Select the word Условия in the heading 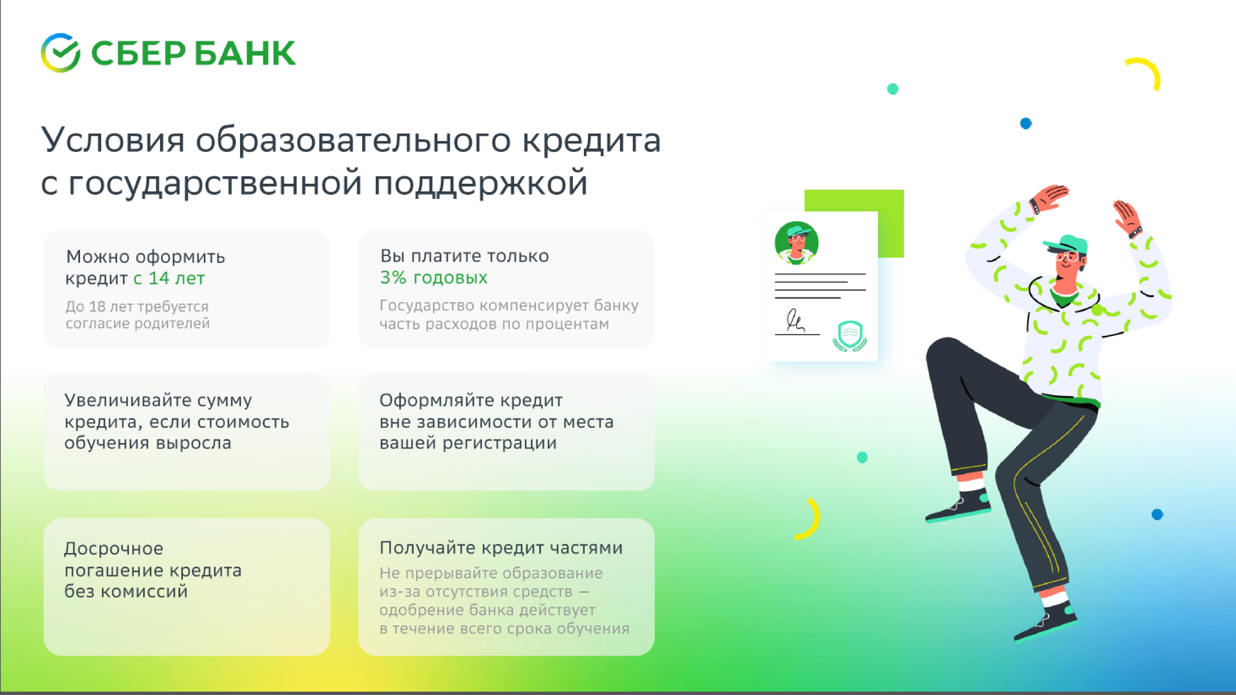click(113, 140)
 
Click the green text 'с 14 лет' click(169, 278)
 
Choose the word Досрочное click(114, 548)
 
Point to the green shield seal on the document click(850, 335)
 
